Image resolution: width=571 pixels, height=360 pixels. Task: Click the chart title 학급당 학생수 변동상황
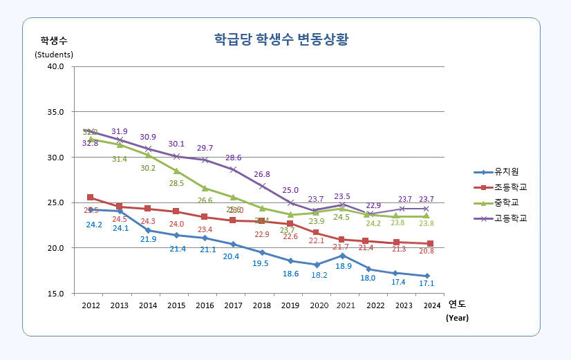(280, 39)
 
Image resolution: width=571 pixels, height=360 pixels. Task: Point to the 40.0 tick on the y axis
(55, 66)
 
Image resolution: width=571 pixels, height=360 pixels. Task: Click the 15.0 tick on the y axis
(55, 294)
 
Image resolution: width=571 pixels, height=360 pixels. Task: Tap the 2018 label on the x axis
(261, 305)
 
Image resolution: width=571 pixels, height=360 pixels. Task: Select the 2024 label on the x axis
(431, 305)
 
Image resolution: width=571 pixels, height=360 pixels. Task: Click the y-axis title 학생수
(53, 39)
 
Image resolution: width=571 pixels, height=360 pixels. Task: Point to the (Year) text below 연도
(457, 318)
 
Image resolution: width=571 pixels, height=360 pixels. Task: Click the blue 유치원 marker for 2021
(343, 256)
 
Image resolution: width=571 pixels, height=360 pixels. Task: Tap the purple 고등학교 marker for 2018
(262, 187)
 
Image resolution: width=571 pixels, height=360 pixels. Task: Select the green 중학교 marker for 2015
(176, 171)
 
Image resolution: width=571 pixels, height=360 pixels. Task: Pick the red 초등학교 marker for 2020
(315, 233)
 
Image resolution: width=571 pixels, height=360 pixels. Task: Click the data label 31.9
(120, 131)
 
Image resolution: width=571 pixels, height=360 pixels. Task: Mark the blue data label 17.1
(427, 284)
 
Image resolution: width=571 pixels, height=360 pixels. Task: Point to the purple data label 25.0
(290, 190)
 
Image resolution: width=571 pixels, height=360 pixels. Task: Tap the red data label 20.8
(427, 251)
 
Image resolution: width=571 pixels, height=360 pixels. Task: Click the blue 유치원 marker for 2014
(148, 231)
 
